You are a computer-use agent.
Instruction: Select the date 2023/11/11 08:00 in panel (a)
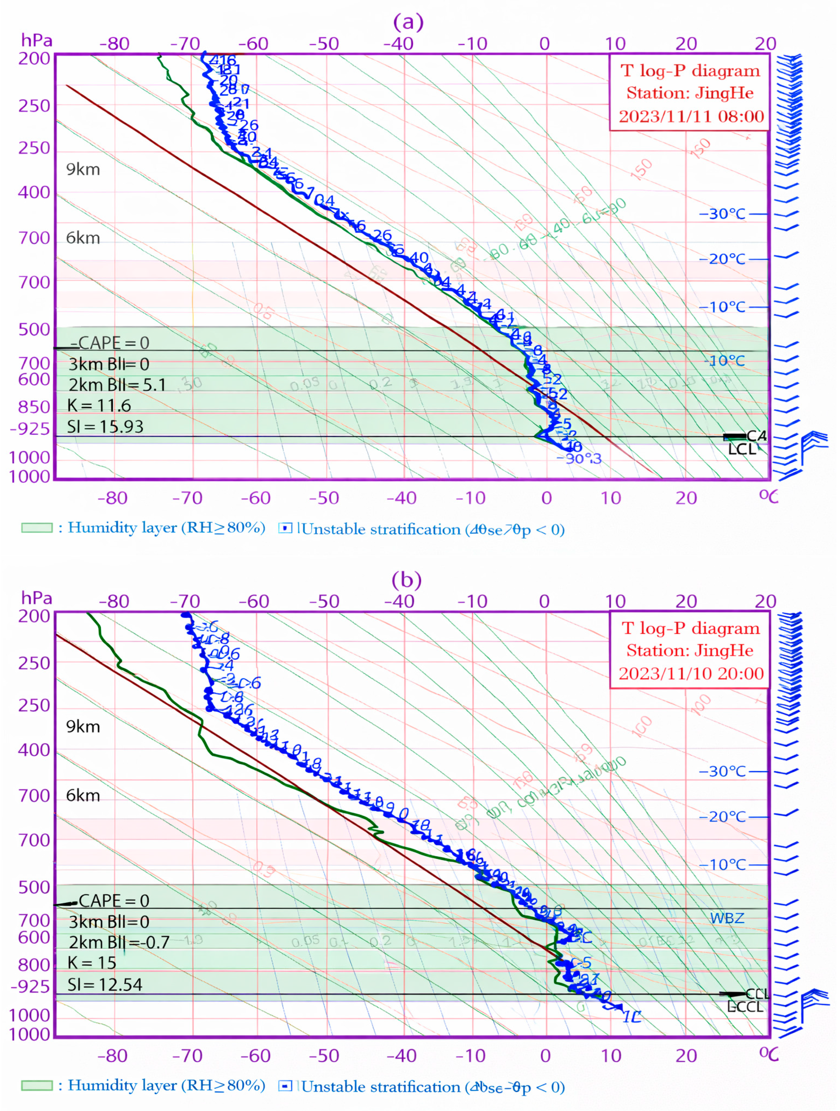(691, 117)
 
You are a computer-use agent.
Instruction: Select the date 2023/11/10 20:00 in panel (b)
(691, 673)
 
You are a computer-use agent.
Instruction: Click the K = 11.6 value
(99, 406)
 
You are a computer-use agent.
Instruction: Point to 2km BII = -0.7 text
(119, 942)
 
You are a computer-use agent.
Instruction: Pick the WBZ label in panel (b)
(727, 918)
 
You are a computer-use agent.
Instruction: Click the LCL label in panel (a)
(742, 449)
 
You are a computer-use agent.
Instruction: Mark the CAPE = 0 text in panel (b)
(113, 901)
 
